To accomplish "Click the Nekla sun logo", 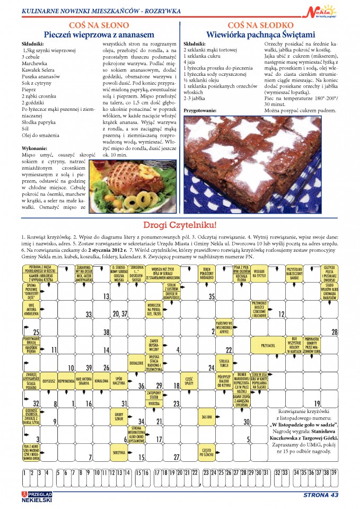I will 321,10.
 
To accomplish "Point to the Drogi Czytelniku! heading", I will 180,225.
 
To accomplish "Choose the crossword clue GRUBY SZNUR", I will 119,416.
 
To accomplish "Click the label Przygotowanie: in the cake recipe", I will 200,110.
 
